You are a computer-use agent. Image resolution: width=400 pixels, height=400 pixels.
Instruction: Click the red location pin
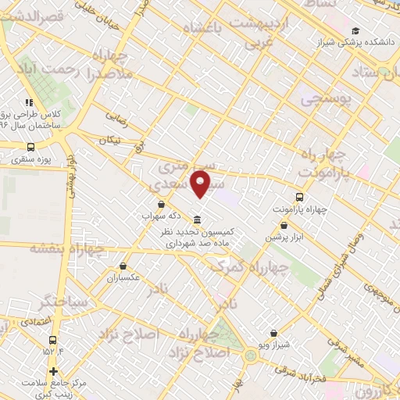[x=202, y=184]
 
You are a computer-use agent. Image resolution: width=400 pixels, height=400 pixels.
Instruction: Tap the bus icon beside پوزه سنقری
[x=31, y=146]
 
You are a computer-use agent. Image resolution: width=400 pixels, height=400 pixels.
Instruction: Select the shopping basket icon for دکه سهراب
[x=160, y=205]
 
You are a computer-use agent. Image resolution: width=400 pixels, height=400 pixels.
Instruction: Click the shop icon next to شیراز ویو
[x=273, y=333]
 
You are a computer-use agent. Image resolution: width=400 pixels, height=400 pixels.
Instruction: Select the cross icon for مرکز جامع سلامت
[x=53, y=371]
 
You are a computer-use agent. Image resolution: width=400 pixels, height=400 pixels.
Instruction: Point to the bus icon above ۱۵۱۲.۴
[x=53, y=340]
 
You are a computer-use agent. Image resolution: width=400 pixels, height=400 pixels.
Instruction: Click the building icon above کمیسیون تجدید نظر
[x=196, y=220]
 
